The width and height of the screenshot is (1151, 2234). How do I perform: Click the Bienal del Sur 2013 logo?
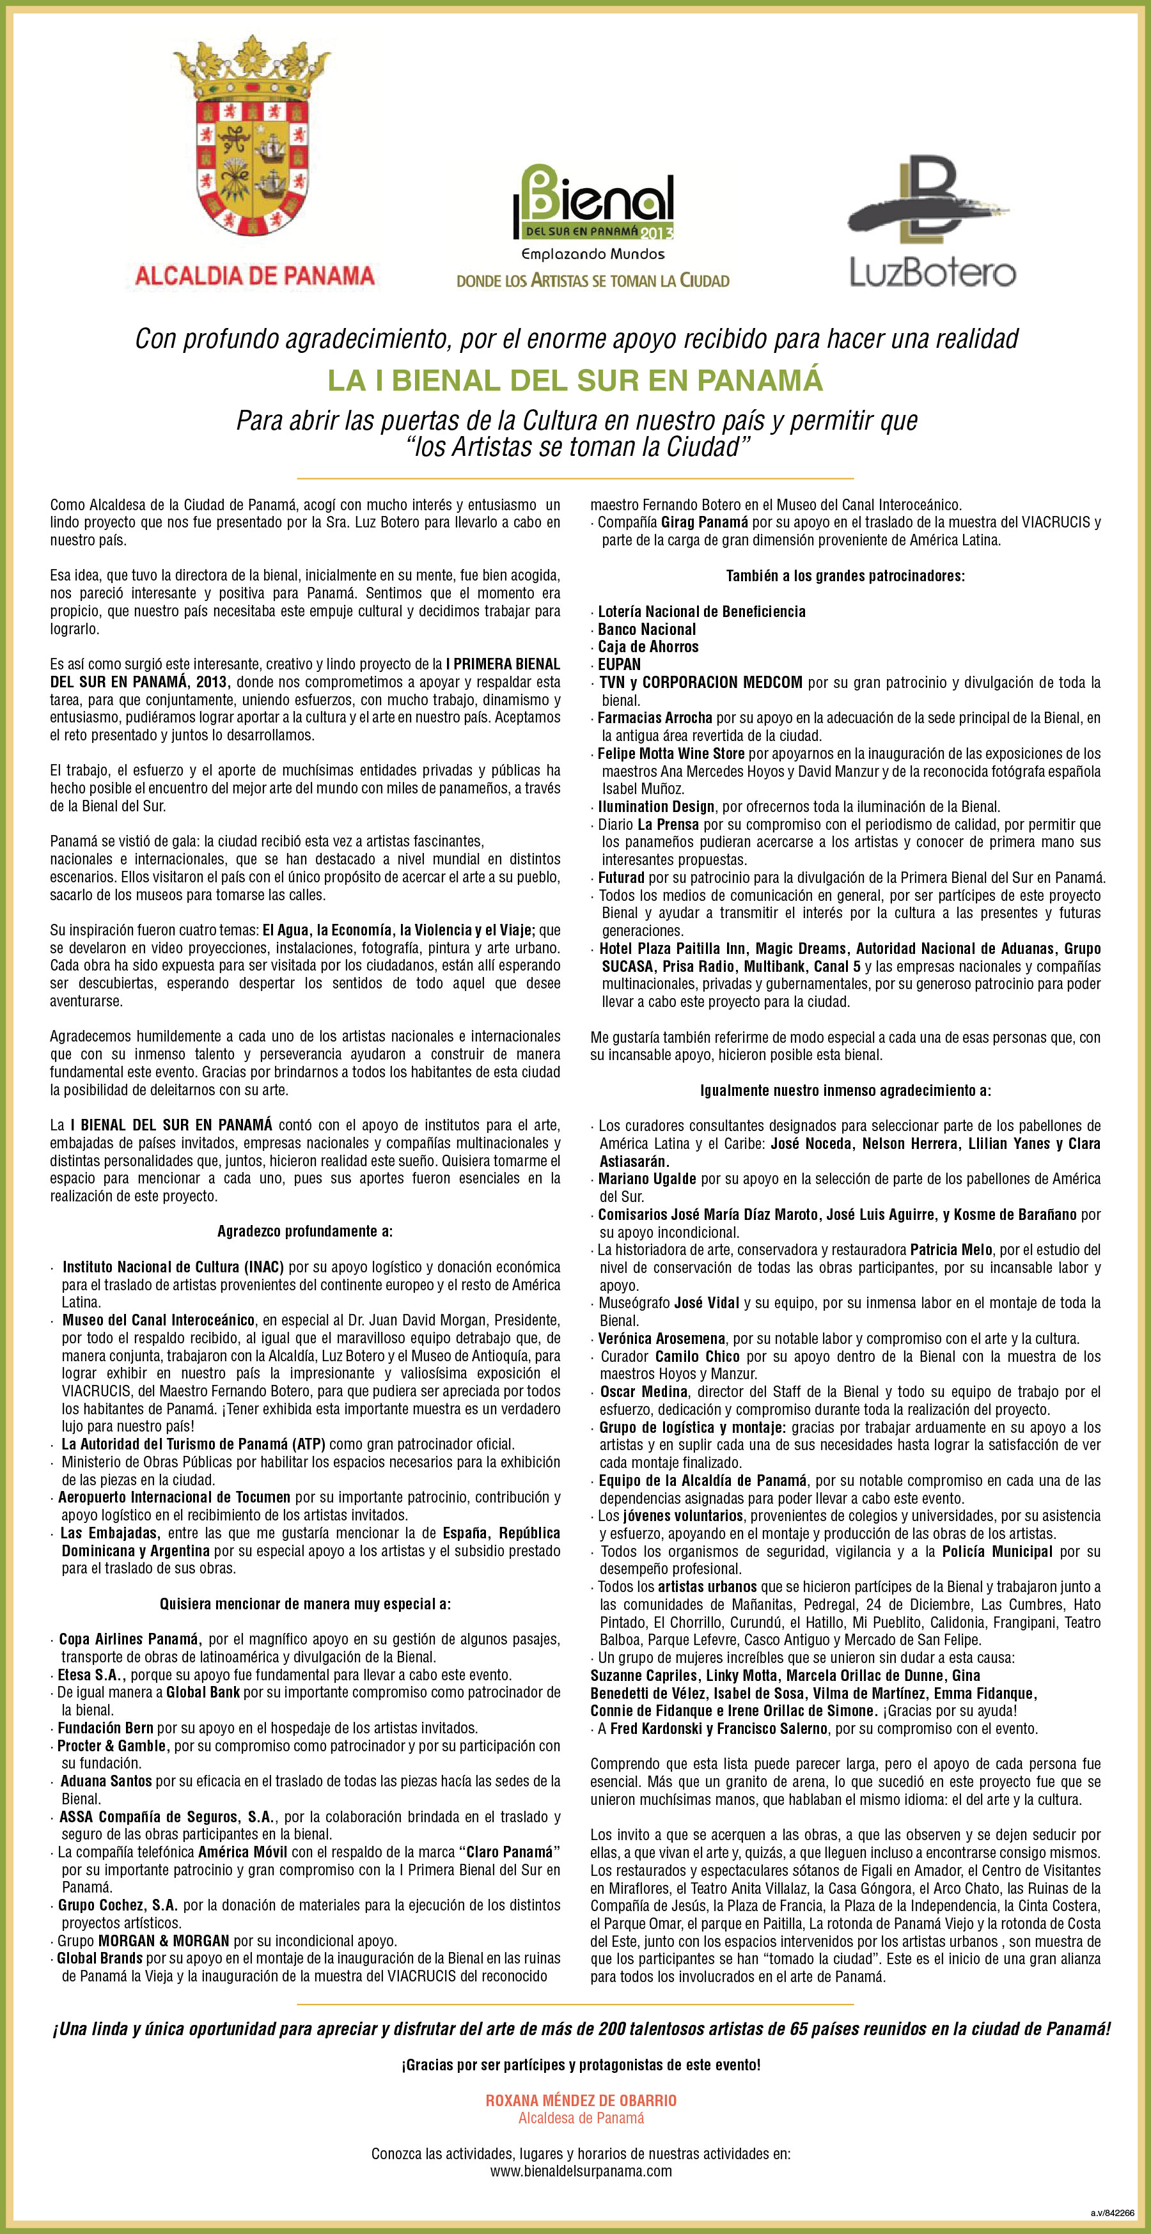[593, 204]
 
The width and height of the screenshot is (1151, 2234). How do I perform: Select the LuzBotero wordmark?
[932, 272]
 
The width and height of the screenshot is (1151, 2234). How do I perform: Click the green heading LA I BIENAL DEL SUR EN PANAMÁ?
[575, 380]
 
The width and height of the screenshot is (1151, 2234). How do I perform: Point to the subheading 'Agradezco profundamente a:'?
[304, 1231]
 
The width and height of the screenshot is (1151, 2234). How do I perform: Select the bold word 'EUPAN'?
[620, 664]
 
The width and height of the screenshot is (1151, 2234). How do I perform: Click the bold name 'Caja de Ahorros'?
[648, 647]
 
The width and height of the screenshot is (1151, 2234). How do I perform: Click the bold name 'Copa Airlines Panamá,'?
[130, 1639]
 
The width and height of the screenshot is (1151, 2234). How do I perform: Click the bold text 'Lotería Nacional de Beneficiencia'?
[701, 611]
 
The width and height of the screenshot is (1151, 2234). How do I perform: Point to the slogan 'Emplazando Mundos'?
[593, 254]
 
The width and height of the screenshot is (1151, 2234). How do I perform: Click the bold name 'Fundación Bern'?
[105, 1728]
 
